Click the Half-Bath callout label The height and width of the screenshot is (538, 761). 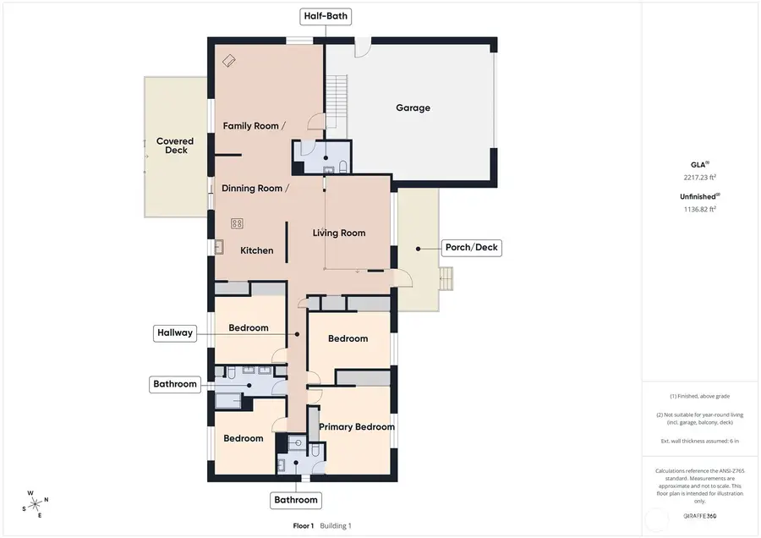click(326, 16)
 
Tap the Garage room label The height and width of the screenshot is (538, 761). click(413, 108)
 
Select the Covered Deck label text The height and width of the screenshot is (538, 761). click(174, 145)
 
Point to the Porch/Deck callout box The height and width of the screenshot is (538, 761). click(471, 248)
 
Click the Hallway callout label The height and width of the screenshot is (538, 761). click(174, 332)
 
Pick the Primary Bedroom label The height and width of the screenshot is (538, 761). click(357, 427)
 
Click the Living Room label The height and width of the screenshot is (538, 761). click(339, 233)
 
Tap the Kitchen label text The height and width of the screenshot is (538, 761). click(257, 250)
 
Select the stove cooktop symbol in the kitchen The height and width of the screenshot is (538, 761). click(238, 223)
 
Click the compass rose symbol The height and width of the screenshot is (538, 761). click(35, 504)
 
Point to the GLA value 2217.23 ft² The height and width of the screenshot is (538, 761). click(699, 178)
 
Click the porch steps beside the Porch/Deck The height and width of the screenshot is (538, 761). click(446, 278)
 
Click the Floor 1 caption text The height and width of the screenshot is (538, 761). click(304, 525)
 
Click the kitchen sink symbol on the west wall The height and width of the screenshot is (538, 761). click(219, 246)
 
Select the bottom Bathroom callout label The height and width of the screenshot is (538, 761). click(296, 500)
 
